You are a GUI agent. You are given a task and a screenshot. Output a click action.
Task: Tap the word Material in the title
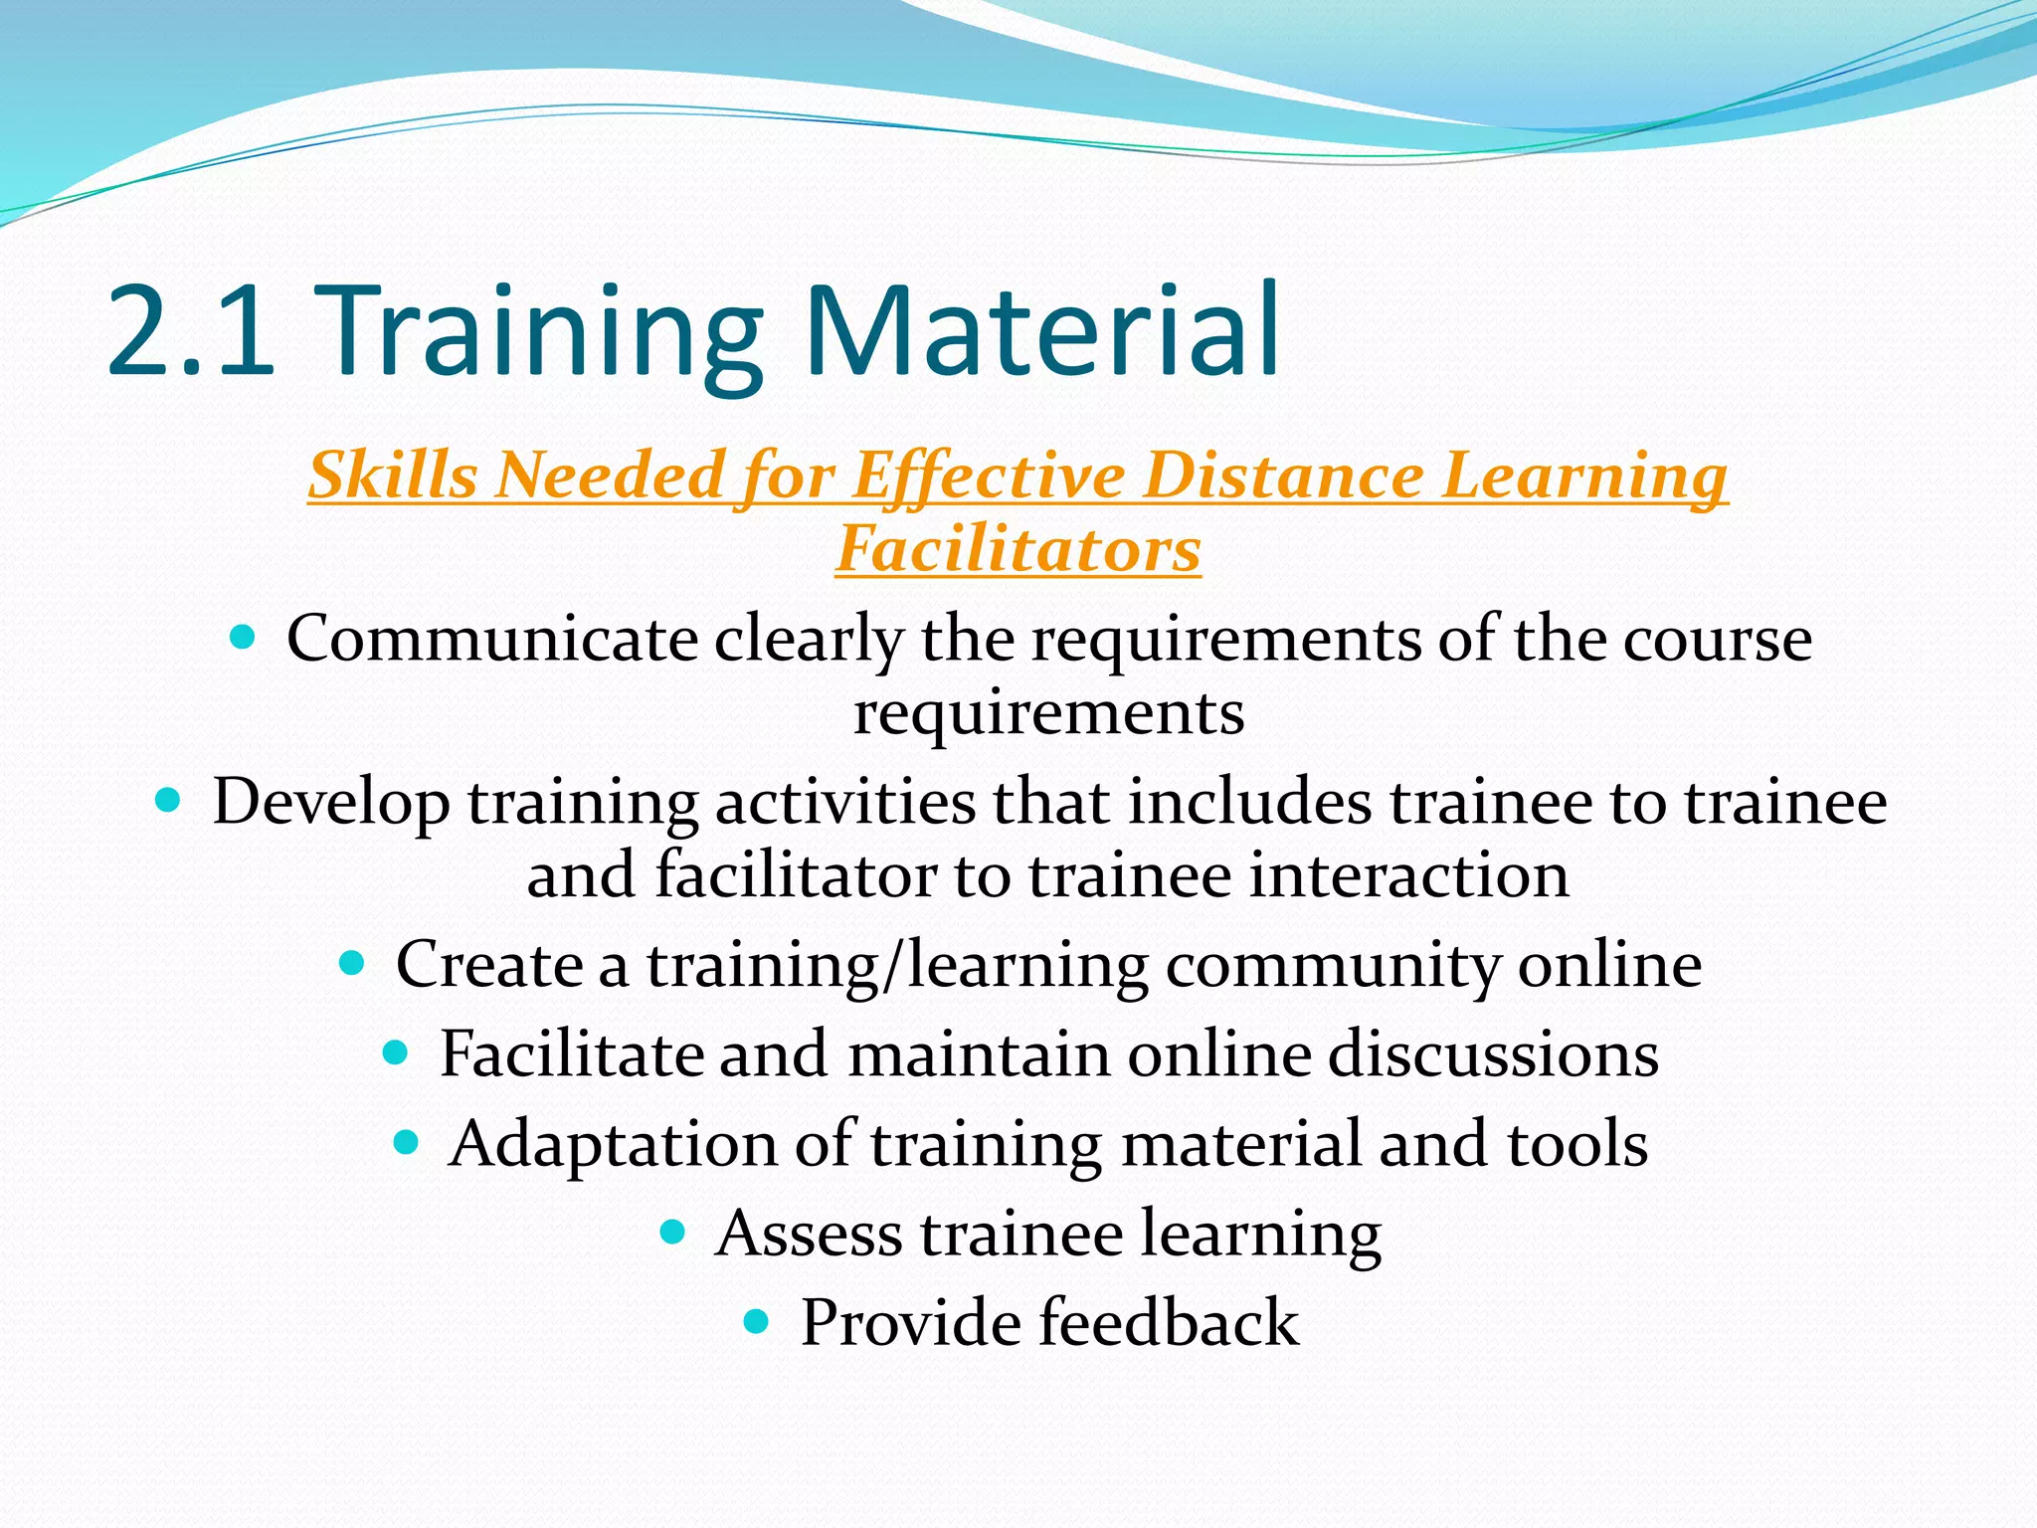(1042, 330)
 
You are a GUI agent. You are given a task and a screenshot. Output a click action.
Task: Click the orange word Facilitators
(1018, 549)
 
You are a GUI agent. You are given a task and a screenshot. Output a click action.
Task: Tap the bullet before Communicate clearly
(242, 638)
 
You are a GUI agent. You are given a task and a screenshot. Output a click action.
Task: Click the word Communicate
(492, 639)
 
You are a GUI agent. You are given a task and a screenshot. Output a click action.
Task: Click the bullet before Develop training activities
(168, 800)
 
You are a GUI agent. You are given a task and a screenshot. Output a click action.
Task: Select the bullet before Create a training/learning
(352, 963)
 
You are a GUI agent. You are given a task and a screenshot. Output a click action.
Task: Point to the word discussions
(1493, 1054)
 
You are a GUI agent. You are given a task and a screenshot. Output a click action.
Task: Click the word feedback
(1169, 1323)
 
